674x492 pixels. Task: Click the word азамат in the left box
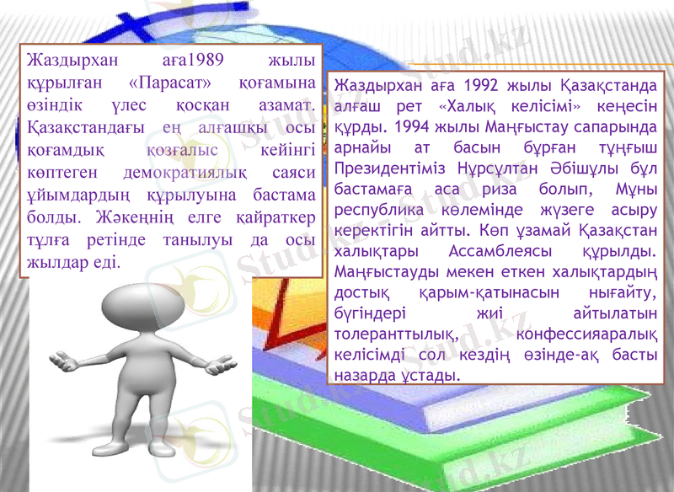pos(284,106)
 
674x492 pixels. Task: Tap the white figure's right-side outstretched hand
pos(222,364)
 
